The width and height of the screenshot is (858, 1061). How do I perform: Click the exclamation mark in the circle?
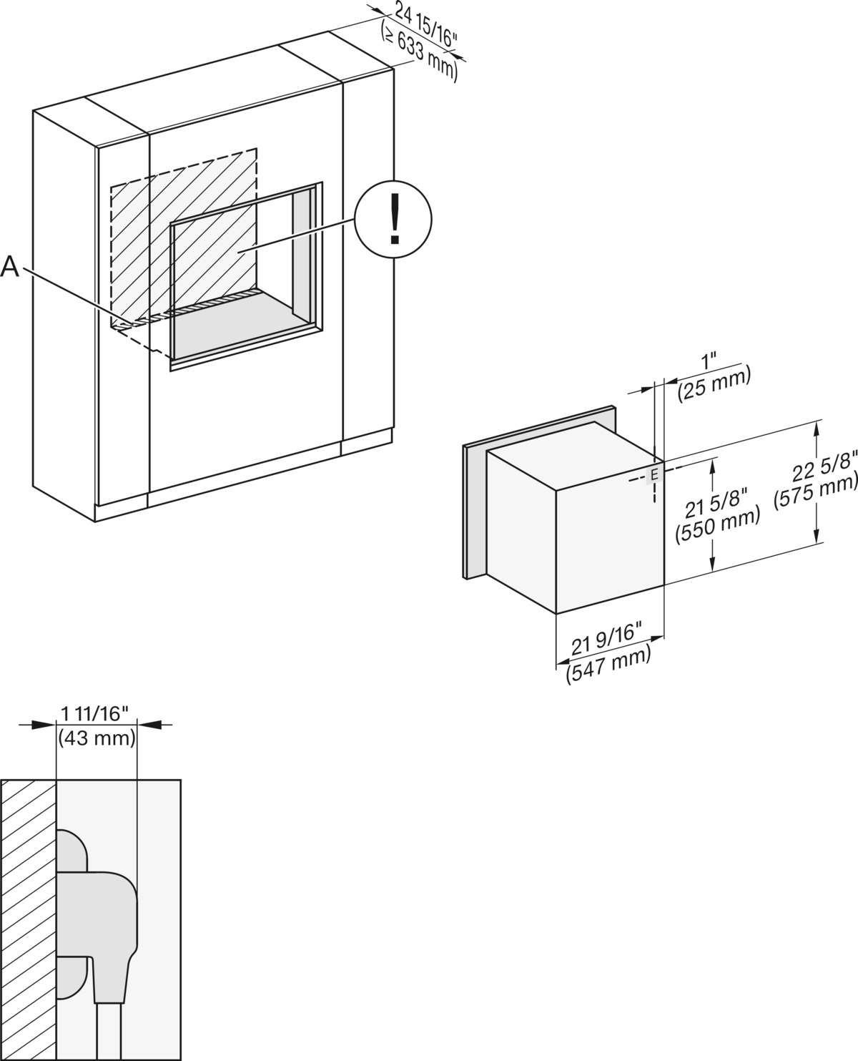click(x=395, y=218)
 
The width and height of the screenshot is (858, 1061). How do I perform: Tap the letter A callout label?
click(x=9, y=266)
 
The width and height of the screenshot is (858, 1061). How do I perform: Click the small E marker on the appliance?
click(x=654, y=475)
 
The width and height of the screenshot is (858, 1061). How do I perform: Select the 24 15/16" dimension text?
click(x=426, y=24)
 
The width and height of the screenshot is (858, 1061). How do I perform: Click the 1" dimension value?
click(x=709, y=361)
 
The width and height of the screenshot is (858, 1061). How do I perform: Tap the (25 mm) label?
click(x=714, y=383)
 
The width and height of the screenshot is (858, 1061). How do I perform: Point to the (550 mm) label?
click(x=718, y=527)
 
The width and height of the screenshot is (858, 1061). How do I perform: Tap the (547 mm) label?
click(x=608, y=665)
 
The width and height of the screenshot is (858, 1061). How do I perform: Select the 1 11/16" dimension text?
click(x=94, y=714)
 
